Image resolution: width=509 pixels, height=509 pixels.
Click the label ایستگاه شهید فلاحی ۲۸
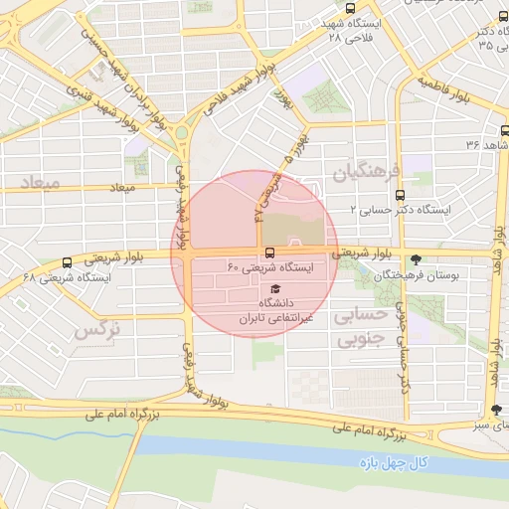363,30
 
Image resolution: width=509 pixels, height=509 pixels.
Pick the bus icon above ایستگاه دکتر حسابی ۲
401,195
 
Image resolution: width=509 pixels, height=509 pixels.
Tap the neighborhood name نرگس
98,330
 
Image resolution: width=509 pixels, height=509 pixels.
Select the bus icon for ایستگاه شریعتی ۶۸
67,263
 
